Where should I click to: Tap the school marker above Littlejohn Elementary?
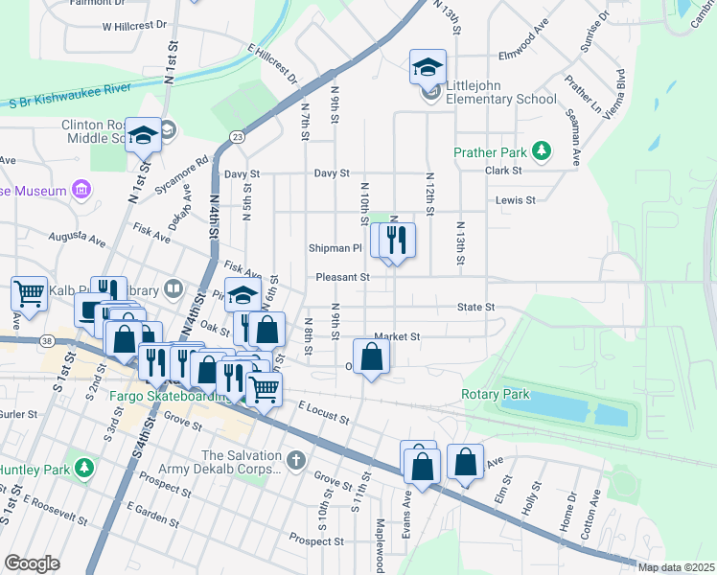pyautogui.click(x=428, y=67)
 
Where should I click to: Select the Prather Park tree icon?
pyautogui.click(x=542, y=150)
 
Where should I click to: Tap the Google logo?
pyautogui.click(x=32, y=563)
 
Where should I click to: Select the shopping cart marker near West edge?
pyautogui.click(x=29, y=294)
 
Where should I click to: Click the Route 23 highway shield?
pyautogui.click(x=236, y=138)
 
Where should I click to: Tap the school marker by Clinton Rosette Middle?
pyautogui.click(x=144, y=136)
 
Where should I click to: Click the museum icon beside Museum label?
pyautogui.click(x=81, y=190)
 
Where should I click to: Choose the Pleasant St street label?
pyautogui.click(x=343, y=278)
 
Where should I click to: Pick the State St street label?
pyautogui.click(x=474, y=308)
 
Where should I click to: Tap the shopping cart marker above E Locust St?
pyautogui.click(x=264, y=388)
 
